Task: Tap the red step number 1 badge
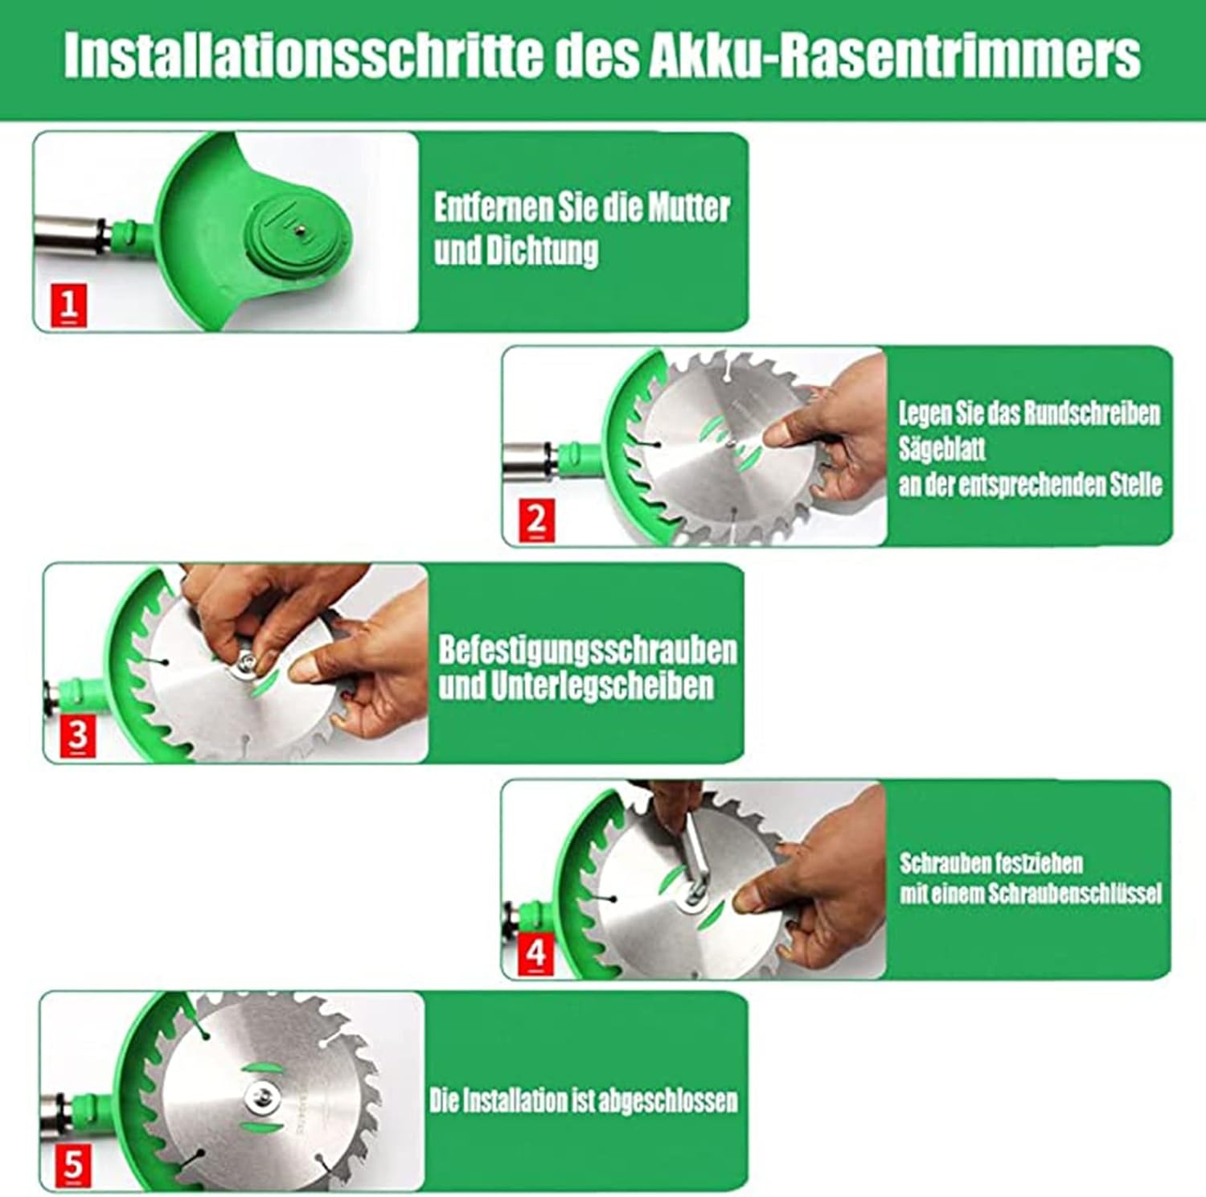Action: pyautogui.click(x=69, y=305)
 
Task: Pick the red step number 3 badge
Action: pyautogui.click(x=78, y=735)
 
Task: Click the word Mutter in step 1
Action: pyautogui.click(x=689, y=208)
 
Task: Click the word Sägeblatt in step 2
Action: pyautogui.click(x=941, y=449)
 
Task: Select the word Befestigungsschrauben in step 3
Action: pyautogui.click(x=587, y=650)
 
